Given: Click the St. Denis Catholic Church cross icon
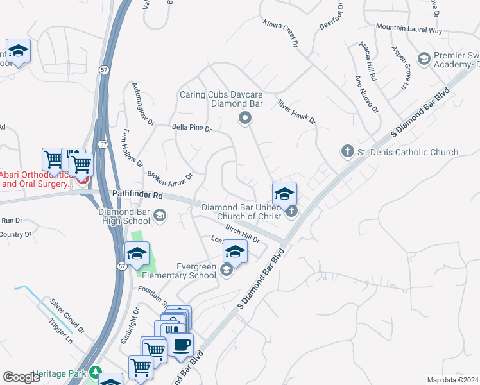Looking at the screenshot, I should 347,151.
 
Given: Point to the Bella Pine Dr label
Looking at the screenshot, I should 192,128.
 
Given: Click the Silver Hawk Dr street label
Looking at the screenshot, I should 296,111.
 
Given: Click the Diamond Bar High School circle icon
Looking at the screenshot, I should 159,216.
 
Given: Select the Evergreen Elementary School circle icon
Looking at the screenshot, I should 226,271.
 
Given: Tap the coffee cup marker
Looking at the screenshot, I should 180,345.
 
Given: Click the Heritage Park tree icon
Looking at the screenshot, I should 96,372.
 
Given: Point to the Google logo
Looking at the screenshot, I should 22,377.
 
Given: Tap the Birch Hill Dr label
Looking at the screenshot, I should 241,234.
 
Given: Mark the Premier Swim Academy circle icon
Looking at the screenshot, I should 424,60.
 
